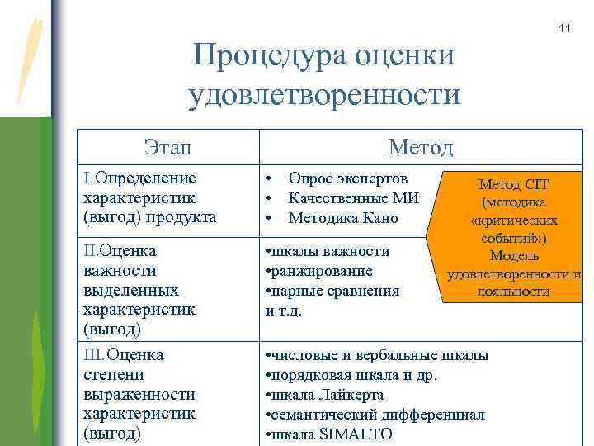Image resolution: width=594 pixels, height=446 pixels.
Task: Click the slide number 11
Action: point(564,30)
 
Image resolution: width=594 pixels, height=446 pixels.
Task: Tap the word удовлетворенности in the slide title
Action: point(325,95)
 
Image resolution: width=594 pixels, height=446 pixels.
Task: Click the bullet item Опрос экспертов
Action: point(347,178)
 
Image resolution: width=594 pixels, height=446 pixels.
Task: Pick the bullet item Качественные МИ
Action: point(354,198)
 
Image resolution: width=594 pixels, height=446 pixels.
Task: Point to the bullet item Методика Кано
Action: point(343,218)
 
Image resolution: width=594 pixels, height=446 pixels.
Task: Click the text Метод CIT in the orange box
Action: point(513,185)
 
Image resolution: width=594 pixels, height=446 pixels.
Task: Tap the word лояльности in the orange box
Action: point(513,292)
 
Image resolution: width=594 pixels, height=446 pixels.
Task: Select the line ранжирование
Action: point(318,271)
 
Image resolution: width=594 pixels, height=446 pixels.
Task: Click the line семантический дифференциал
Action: point(375,415)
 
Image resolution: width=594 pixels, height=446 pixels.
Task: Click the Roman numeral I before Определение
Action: point(87,178)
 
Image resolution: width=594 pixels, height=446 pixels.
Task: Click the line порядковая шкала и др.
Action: point(351,375)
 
